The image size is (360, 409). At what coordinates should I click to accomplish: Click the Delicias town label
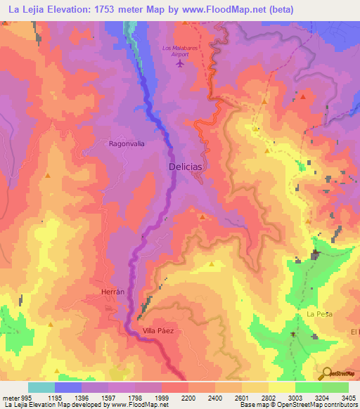pyautogui.click(x=186, y=167)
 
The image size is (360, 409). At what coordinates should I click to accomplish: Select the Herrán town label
pyautogui.click(x=103, y=290)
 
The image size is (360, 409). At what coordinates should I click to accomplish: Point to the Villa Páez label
pyautogui.click(x=158, y=330)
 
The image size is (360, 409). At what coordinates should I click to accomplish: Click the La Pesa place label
pyautogui.click(x=319, y=313)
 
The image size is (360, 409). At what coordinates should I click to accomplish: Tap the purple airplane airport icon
pyautogui.click(x=181, y=64)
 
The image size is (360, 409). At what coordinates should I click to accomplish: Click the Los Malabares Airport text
pyautogui.click(x=181, y=51)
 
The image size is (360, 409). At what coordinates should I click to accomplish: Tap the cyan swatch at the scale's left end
pyautogui.click(x=41, y=387)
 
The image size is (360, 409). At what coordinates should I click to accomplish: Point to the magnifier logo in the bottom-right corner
pyautogui.click(x=326, y=373)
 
